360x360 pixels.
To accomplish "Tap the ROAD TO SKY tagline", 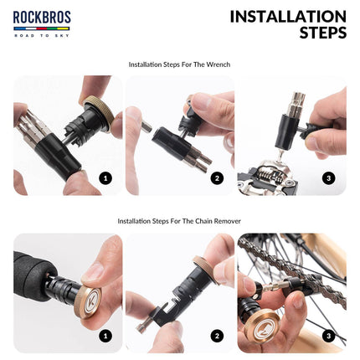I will click(x=41, y=35).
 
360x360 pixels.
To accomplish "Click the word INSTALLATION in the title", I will click(x=287, y=16).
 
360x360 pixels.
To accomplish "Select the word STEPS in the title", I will click(x=322, y=33).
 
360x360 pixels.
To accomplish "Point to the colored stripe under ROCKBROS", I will click(x=41, y=28).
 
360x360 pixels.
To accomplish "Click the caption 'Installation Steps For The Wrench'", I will click(x=179, y=64).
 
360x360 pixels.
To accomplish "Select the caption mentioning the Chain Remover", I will click(x=179, y=222).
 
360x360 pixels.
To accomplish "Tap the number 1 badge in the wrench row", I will click(x=105, y=177).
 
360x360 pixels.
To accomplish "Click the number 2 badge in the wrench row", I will click(x=217, y=177).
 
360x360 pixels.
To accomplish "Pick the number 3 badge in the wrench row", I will click(x=328, y=177).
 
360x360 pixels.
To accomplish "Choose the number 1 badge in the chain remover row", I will click(x=105, y=335).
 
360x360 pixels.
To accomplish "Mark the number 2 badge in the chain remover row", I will click(x=217, y=335).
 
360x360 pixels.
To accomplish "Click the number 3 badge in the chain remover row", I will click(x=328, y=335).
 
